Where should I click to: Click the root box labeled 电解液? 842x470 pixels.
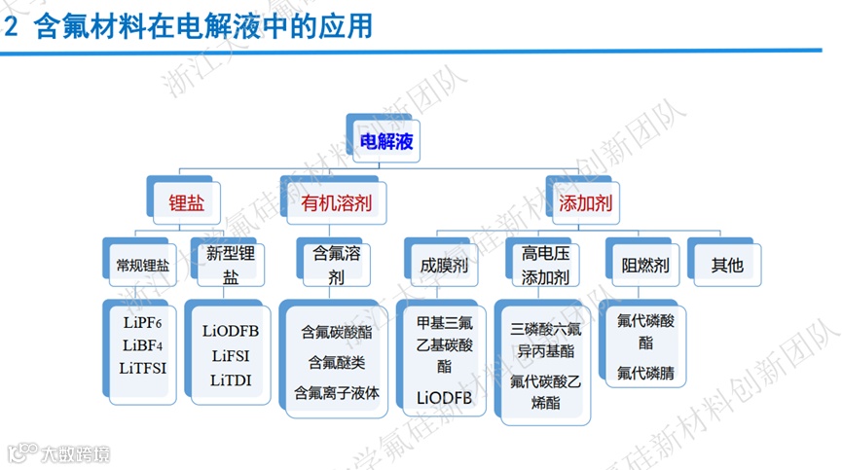coord(386,141)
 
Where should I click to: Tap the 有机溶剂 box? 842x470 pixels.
coord(330,203)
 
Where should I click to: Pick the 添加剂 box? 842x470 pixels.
coord(585,203)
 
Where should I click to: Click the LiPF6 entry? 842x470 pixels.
coord(143,322)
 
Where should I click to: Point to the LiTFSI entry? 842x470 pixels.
coord(143,367)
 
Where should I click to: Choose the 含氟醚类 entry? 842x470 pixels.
coord(336,363)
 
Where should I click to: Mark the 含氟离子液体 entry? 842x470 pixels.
coord(336,394)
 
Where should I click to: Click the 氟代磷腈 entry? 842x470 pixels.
coord(645,373)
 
